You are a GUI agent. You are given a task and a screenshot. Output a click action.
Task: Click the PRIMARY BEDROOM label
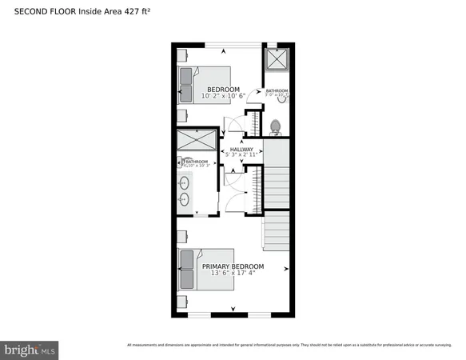[x=233, y=266]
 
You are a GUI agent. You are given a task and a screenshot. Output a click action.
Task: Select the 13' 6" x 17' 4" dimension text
[x=233, y=274]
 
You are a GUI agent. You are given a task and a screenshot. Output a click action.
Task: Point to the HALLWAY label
[x=241, y=149]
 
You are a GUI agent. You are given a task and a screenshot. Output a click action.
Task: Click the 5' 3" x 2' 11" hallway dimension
[x=241, y=155]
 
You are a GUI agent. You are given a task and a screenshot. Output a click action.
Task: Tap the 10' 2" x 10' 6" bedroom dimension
[x=223, y=96]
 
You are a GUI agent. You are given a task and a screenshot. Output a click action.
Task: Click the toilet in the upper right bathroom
[x=276, y=126]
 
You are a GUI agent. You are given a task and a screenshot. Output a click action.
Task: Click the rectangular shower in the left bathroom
[x=195, y=140]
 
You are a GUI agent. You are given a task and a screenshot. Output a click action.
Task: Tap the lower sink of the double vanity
[x=185, y=200]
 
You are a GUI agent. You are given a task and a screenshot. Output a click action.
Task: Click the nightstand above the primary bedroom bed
[x=182, y=237]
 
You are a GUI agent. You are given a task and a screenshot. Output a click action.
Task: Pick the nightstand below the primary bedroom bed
[x=182, y=302]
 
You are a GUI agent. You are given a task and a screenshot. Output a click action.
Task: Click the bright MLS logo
[x=30, y=350]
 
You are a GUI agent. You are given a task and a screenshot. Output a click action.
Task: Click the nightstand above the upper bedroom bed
[x=182, y=55]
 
